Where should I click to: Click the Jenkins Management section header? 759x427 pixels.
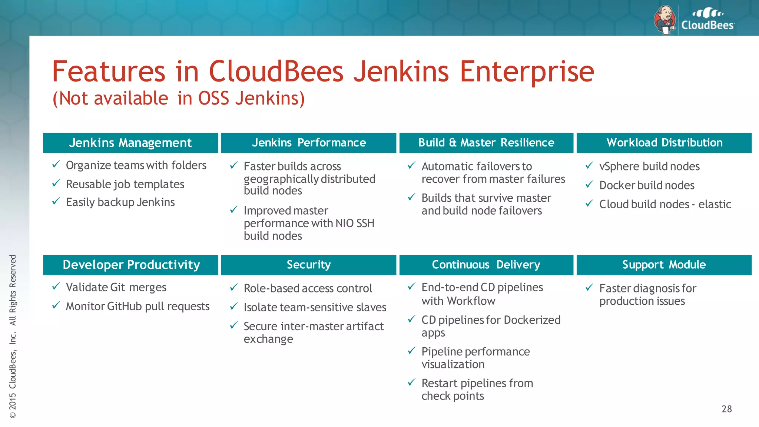[130, 143]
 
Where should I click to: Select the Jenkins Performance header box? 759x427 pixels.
[308, 143]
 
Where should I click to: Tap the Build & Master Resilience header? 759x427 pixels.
[486, 143]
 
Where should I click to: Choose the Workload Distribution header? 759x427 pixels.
[664, 143]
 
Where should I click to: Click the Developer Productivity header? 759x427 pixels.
[130, 265]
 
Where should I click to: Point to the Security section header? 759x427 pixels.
[308, 265]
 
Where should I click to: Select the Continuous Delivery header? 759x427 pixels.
[486, 265]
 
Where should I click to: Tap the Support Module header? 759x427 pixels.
[664, 265]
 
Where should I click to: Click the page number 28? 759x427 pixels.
[726, 409]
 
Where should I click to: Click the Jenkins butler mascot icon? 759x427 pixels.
[665, 20]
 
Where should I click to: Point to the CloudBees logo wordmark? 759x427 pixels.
[707, 25]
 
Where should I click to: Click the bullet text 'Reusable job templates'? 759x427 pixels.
[125, 184]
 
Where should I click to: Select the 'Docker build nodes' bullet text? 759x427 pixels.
[647, 185]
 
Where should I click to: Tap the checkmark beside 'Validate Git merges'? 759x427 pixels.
[56, 286]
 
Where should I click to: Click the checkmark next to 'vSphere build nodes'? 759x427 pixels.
[589, 165]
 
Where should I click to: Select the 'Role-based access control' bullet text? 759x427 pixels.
[308, 288]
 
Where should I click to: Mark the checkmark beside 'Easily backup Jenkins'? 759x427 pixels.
[56, 201]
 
